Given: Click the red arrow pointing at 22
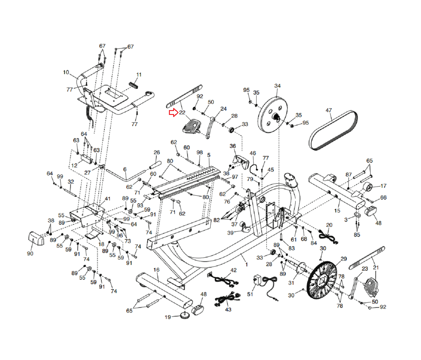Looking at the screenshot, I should point(173,113).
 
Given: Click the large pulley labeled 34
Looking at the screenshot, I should point(272,115).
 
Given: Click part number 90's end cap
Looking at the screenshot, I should point(36,238).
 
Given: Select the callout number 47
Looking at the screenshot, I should point(329,110).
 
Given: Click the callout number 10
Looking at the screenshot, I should point(66,72).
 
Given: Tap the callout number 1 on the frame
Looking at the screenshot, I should point(246,264).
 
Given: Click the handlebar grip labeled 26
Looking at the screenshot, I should point(155,165).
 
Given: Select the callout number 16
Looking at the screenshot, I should point(156,270).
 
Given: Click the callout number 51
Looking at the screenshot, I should point(250,294).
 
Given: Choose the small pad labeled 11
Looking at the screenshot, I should point(134,85).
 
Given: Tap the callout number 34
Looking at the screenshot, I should point(278,86).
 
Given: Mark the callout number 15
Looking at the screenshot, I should point(337,211).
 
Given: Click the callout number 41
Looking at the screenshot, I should point(107,199).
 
